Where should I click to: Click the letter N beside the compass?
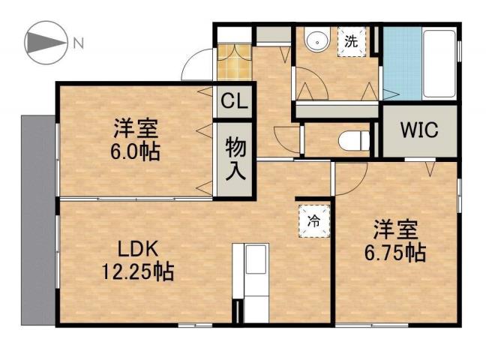click(78, 43)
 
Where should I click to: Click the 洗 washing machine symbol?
click(351, 42)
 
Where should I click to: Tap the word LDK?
click(137, 248)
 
